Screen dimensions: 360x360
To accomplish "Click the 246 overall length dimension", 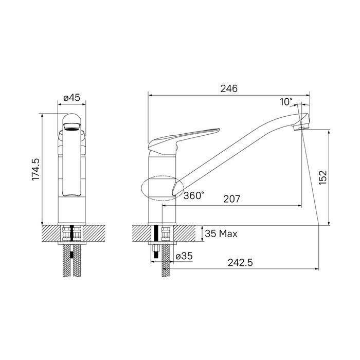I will click(x=229, y=88).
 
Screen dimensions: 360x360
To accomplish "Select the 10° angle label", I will click(x=286, y=101).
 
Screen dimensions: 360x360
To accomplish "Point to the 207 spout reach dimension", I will click(x=231, y=198).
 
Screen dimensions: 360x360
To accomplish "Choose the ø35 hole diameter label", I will click(x=184, y=256).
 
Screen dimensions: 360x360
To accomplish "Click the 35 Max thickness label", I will click(x=221, y=234).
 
